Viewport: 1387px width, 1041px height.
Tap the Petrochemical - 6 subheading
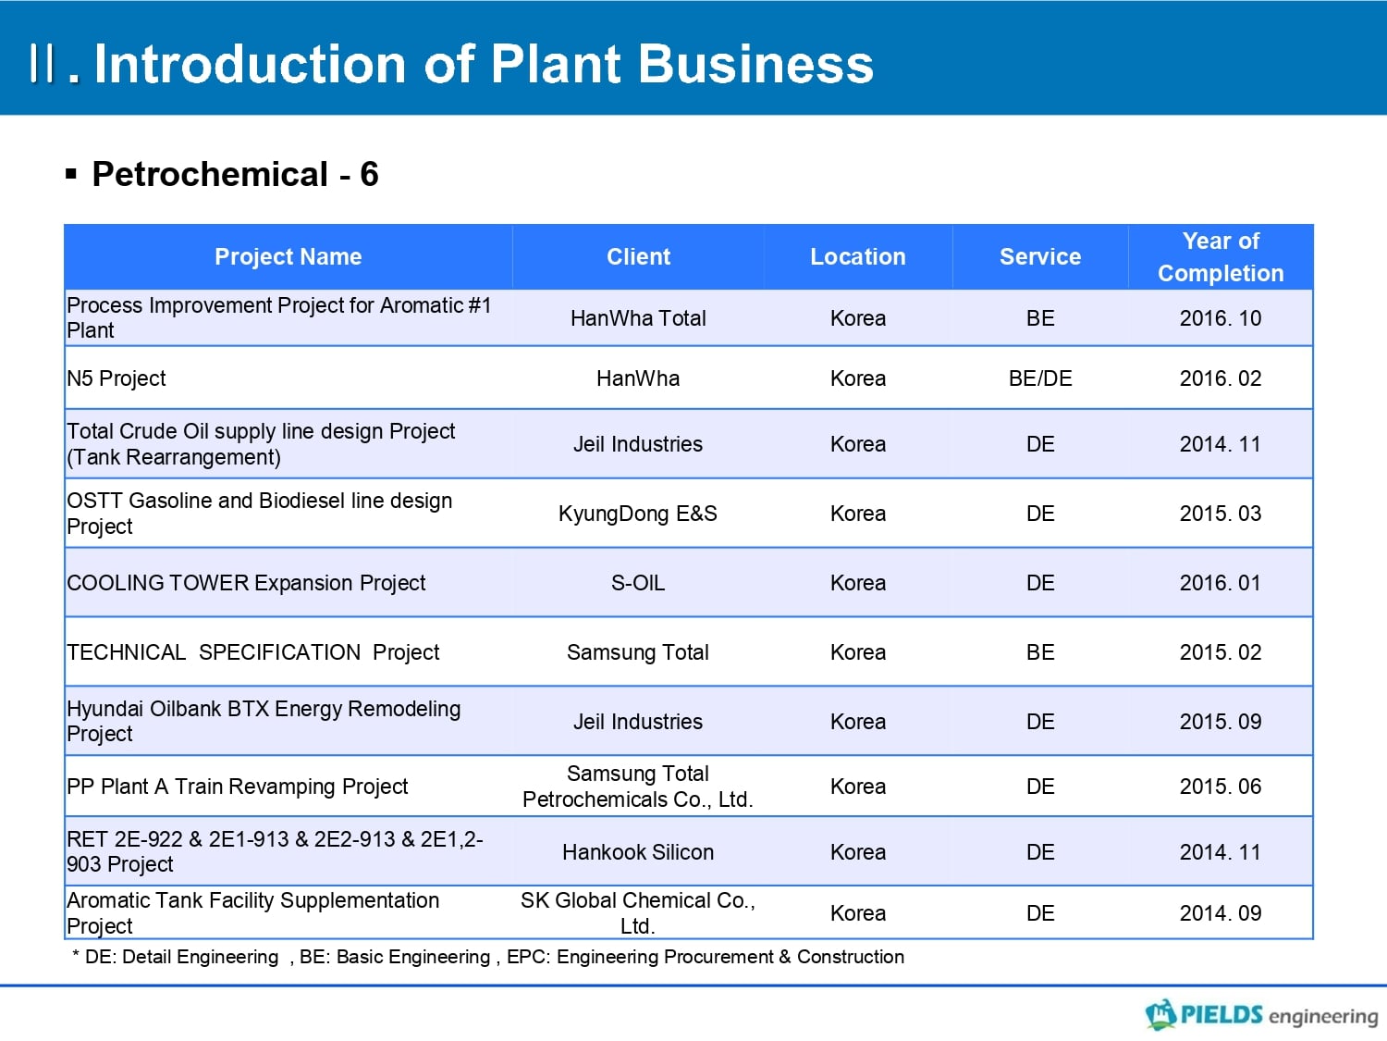(x=235, y=174)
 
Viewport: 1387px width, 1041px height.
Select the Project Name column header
(x=288, y=256)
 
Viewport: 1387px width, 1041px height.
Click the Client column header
(x=638, y=256)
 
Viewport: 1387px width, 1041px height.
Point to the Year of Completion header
(x=1221, y=256)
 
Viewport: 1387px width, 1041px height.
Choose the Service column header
(x=1040, y=256)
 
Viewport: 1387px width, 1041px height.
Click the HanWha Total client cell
(x=638, y=318)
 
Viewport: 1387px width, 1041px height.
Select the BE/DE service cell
(x=1040, y=378)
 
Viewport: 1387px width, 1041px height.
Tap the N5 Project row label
(x=117, y=378)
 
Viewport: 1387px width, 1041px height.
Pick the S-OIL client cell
(x=638, y=582)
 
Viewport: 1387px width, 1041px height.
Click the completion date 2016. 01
(x=1221, y=582)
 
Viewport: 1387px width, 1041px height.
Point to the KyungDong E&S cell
(x=638, y=514)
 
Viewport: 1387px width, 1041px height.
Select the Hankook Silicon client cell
(x=638, y=852)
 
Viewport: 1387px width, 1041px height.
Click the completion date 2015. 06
(x=1221, y=787)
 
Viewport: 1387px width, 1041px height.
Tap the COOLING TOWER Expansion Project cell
(x=246, y=583)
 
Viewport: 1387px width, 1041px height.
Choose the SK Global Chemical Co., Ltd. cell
(x=638, y=912)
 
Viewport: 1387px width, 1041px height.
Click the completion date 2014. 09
(x=1221, y=912)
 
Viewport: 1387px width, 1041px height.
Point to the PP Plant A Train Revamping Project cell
(x=237, y=787)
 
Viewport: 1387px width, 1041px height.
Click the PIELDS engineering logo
(x=1262, y=1014)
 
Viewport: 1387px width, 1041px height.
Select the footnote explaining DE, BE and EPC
(x=488, y=957)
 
